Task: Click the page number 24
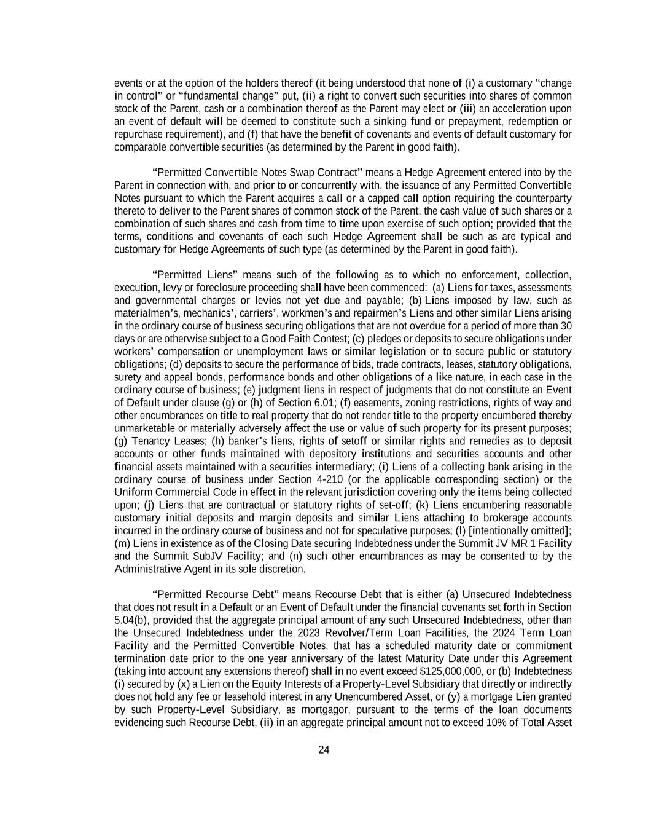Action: coord(324,750)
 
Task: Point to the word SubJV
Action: coord(193,556)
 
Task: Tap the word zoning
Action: coord(440,403)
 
